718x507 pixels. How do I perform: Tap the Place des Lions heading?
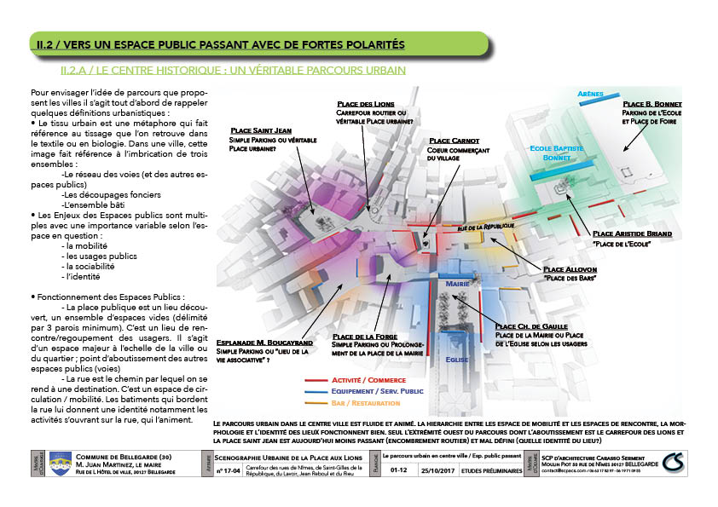(365, 102)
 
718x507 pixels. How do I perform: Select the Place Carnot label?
(454, 141)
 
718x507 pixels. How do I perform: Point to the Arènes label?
(590, 94)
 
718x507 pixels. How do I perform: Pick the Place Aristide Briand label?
(632, 233)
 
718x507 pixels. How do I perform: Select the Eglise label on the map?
(456, 360)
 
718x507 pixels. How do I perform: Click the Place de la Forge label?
(368, 337)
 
